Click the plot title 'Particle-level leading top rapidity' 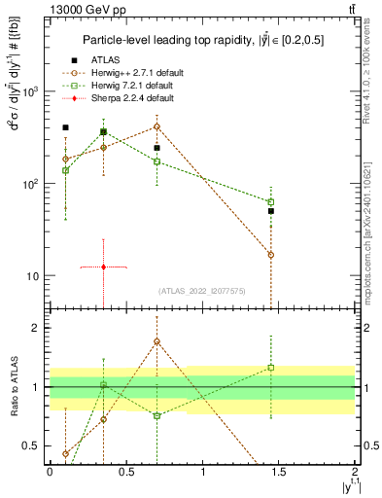[199, 40]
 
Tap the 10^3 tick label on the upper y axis [31, 91]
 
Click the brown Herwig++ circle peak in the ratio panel [156, 341]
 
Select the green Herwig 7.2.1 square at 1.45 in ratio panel [271, 368]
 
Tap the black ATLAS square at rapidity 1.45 [271, 210]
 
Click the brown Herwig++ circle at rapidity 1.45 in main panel [271, 255]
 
